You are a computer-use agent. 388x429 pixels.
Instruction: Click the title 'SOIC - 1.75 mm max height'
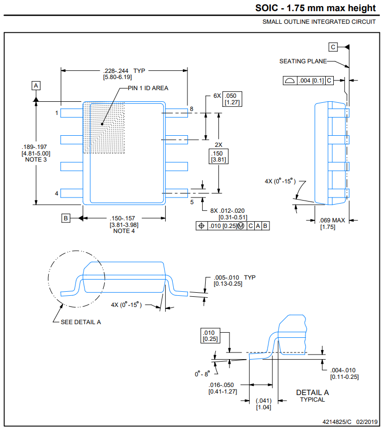(316, 8)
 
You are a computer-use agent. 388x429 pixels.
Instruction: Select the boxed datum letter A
(36, 86)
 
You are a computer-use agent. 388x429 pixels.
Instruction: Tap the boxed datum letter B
(65, 218)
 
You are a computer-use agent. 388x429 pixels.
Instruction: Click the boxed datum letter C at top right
(333, 47)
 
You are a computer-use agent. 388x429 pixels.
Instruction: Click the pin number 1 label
(57, 113)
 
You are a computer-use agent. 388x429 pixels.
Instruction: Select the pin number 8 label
(191, 109)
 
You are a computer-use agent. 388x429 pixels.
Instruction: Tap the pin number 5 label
(191, 202)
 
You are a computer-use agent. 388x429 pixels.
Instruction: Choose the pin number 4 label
(57, 193)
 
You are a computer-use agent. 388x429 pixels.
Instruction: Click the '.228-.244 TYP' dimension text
(124, 70)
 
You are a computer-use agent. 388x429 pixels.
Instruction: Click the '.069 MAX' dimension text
(332, 220)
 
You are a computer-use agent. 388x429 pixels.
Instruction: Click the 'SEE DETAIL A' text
(81, 322)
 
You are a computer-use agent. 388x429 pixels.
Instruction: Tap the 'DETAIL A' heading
(313, 392)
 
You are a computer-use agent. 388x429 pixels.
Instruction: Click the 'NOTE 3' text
(35, 160)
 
